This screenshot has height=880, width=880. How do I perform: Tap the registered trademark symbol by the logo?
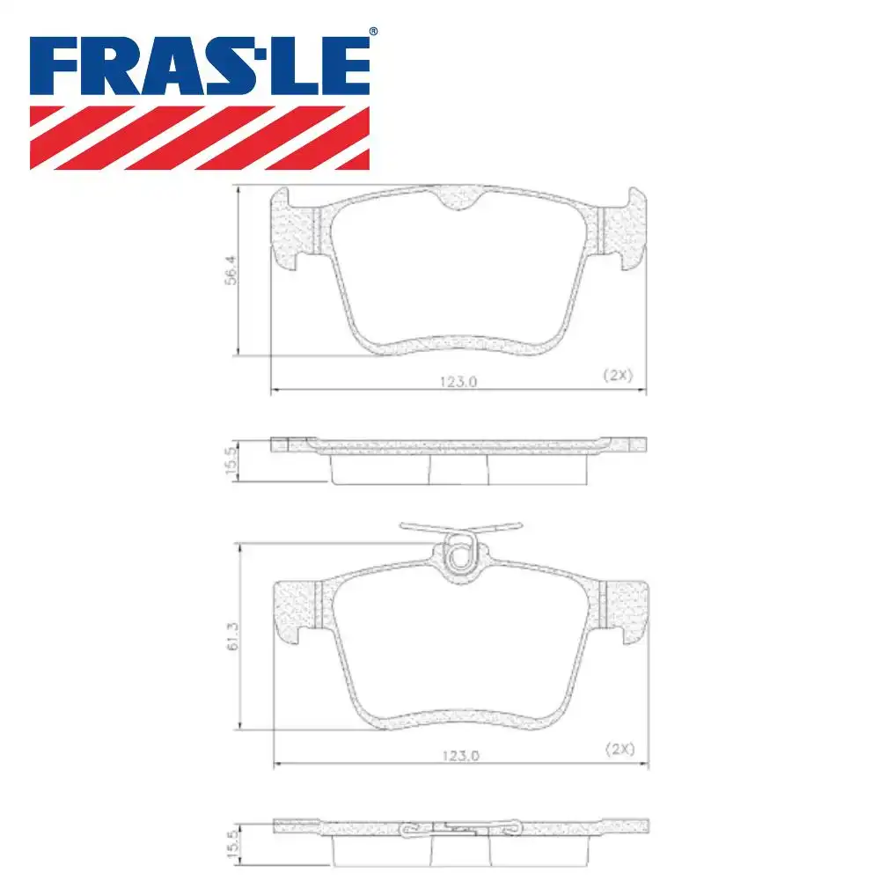[373, 32]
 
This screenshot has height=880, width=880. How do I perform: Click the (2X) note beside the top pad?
[618, 374]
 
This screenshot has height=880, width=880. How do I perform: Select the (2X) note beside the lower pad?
[620, 749]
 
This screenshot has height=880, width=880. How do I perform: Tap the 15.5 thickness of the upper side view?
[231, 461]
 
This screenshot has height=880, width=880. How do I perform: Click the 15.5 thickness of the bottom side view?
[231, 841]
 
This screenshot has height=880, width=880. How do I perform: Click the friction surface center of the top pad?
[458, 273]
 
